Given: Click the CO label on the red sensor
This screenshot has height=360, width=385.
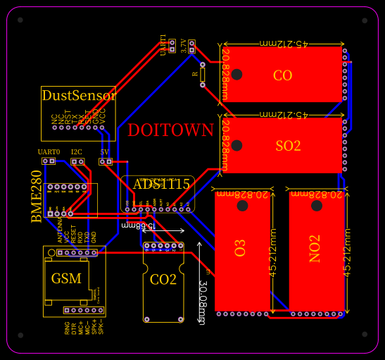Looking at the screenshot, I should click(282, 75).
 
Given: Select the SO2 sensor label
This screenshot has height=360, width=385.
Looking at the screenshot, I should click(288, 146).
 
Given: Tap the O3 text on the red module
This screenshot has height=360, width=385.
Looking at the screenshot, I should click(241, 248).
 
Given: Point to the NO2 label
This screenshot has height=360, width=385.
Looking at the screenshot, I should click(315, 248).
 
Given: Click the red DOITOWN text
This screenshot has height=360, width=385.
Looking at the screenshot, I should click(170, 130).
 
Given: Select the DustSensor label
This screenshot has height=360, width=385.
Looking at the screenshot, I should click(78, 95).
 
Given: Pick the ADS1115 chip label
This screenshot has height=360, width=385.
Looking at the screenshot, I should click(161, 185).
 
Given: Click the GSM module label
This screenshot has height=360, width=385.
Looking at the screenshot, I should click(66, 278).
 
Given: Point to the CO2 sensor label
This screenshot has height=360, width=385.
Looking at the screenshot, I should click(163, 280).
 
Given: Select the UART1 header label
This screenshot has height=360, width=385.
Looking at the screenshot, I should click(163, 44).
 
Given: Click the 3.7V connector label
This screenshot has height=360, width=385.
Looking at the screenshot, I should click(184, 46).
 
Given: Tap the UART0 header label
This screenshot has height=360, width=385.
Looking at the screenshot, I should click(49, 152).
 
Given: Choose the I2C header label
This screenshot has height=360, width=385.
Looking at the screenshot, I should click(76, 152).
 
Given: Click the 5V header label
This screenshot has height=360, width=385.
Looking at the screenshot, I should click(105, 152).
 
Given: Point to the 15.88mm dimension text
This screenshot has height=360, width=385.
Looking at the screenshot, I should click(134, 225).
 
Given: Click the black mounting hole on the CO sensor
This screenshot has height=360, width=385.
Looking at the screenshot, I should click(237, 74).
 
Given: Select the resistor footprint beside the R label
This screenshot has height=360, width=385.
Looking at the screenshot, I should click(203, 75).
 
